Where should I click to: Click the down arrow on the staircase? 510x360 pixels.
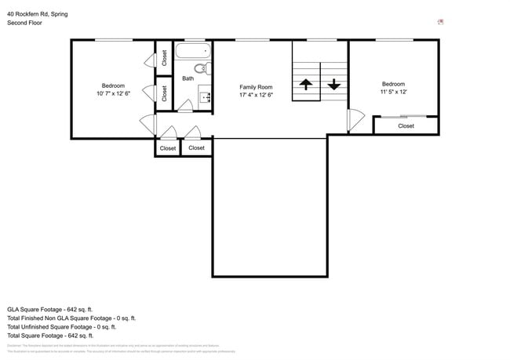pos(334,84)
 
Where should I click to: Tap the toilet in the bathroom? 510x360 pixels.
pos(208,68)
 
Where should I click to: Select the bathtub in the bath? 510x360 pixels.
pos(189,53)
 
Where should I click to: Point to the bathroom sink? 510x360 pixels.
pos(205,97)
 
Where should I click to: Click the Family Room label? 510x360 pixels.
pos(256,87)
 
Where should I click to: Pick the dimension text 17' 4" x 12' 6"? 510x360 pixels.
pos(256,96)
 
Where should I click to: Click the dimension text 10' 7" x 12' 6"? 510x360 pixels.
pos(113,94)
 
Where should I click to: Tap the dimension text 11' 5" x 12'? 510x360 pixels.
pos(393,93)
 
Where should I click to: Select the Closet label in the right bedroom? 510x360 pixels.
pos(406,125)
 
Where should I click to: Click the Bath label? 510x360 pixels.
pos(188,78)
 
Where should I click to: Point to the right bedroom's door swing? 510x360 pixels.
pos(357,119)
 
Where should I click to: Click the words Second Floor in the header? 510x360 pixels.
pos(24,24)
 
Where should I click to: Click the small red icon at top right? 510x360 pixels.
pos(440,22)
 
